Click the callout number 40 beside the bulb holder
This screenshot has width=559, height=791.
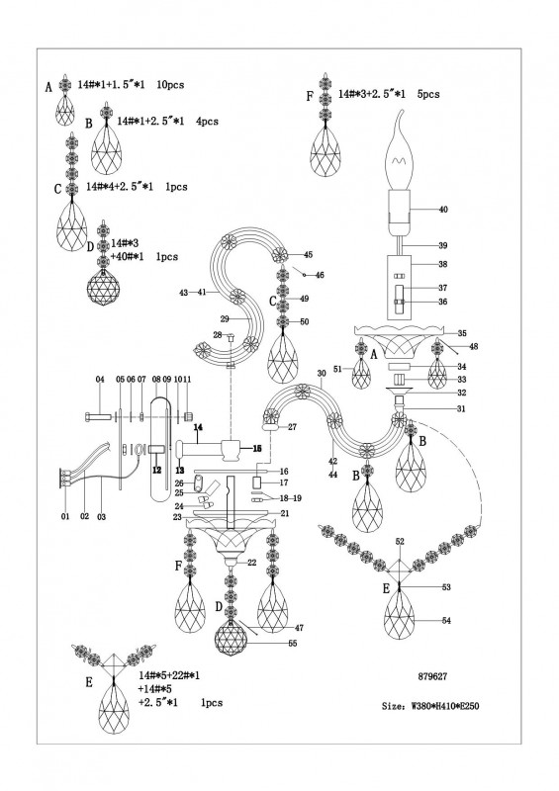tap(443, 210)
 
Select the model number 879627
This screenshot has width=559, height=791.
tap(432, 676)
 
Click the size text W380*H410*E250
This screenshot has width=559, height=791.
tap(430, 706)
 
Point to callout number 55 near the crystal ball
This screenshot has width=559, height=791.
tap(292, 644)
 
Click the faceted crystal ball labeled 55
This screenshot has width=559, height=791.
tap(231, 640)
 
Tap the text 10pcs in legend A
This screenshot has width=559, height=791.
tap(170, 85)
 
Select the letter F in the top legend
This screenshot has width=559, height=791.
tap(310, 96)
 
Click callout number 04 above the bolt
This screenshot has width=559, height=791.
tap(100, 379)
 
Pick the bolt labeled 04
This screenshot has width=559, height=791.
tap(99, 416)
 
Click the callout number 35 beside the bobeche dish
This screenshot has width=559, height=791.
tap(461, 333)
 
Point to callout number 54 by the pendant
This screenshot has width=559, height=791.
tap(446, 621)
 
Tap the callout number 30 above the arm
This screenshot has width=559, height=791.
tap(322, 374)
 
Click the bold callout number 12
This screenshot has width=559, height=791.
tap(157, 470)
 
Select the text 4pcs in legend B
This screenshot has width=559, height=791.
tap(207, 122)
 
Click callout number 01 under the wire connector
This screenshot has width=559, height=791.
tap(65, 516)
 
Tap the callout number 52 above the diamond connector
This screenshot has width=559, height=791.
tap(400, 541)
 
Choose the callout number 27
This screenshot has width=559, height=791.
tap(293, 427)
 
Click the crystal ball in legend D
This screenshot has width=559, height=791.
tap(103, 286)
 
